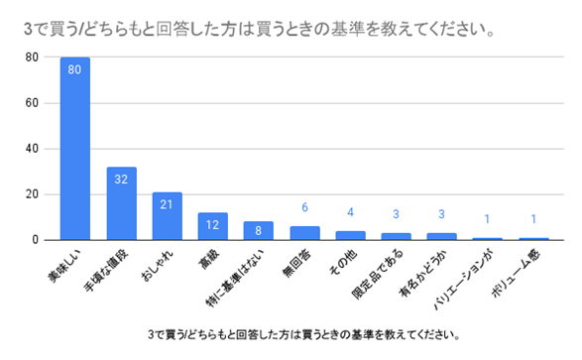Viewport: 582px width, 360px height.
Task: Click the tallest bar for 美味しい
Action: click(75, 149)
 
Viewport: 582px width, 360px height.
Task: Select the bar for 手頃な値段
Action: click(121, 203)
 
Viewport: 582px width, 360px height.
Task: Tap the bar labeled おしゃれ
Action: click(167, 216)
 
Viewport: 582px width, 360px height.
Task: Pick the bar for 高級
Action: click(212, 226)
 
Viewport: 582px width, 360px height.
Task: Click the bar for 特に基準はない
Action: click(258, 230)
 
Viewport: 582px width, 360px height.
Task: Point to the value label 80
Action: click(75, 69)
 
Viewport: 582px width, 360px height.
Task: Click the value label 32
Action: click(121, 180)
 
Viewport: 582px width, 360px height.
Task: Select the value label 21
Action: click(167, 204)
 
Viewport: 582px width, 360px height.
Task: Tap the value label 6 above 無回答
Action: click(304, 207)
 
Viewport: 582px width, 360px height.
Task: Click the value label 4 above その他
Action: click(350, 211)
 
